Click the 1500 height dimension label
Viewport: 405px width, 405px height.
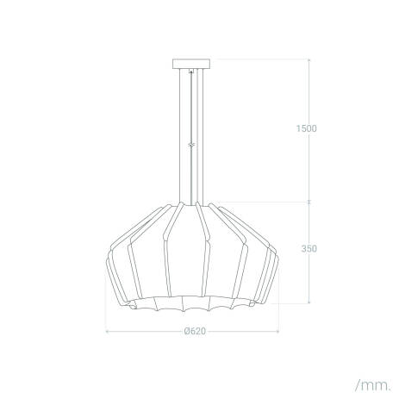coord(306,128)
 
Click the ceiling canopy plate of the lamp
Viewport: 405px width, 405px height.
coord(190,63)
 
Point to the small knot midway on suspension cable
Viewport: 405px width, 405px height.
coord(190,145)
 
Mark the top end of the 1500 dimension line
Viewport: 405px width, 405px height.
coord(309,59)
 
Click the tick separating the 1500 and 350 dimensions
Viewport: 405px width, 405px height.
coord(309,202)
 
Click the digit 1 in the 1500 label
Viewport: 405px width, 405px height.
coord(297,128)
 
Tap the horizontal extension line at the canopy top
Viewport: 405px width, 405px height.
coord(259,59)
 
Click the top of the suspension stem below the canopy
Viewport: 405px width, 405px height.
coord(190,72)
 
